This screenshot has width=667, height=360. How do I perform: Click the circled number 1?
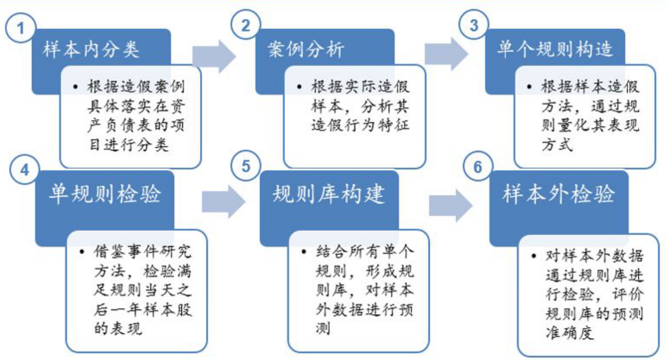point(21,28)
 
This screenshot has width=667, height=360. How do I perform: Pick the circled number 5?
point(245,167)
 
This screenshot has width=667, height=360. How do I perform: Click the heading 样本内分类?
point(91,50)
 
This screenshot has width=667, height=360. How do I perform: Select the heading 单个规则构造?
point(555,50)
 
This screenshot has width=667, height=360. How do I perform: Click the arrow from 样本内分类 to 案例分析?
point(213,55)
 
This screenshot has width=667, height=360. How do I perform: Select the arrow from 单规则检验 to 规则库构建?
point(223,202)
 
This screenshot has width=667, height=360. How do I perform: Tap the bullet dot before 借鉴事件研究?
point(82,250)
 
